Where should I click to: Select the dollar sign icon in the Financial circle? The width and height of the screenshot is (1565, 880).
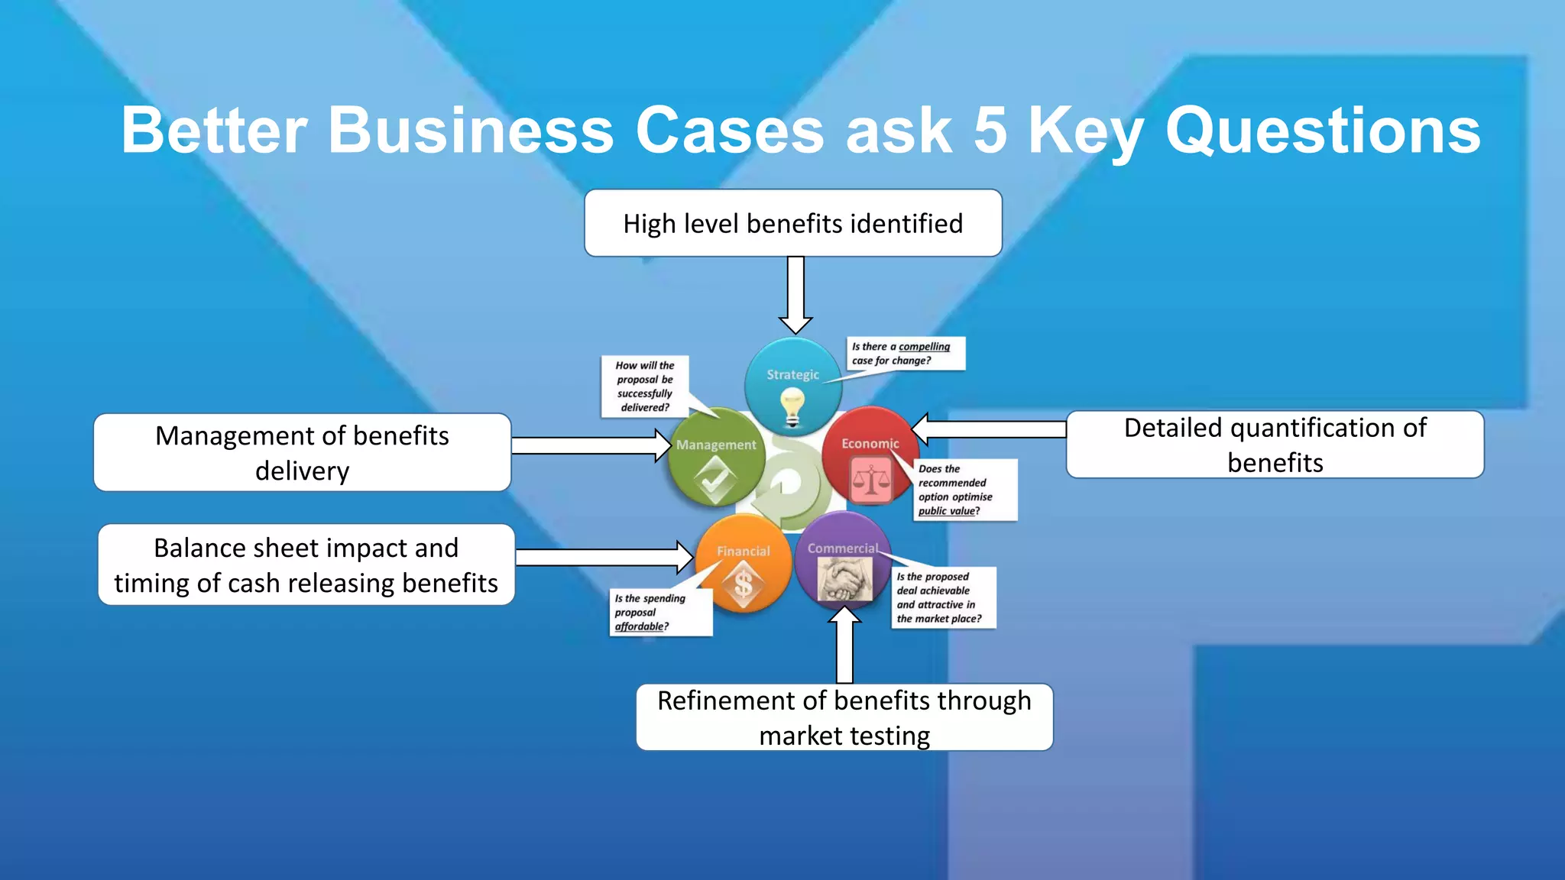(743, 585)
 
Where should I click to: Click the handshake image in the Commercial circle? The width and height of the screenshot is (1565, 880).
(844, 578)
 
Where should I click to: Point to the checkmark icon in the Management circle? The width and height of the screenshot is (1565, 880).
(715, 482)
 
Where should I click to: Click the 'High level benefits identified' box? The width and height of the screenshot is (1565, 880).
(792, 223)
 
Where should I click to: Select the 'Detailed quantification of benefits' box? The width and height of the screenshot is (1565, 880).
(1275, 445)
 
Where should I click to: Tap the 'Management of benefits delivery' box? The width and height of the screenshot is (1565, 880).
(302, 452)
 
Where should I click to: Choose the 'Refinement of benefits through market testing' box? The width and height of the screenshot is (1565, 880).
(844, 717)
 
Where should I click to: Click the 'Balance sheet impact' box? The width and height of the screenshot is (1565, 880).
(306, 565)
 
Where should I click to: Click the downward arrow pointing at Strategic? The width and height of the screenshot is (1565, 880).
(795, 294)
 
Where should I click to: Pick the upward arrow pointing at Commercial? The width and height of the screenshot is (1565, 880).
(844, 645)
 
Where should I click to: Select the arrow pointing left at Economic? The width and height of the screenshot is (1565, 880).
(990, 429)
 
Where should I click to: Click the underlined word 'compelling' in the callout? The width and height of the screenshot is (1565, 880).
(924, 347)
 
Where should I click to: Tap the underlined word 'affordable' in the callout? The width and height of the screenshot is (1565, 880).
(640, 626)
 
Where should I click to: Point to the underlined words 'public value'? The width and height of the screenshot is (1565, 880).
(947, 511)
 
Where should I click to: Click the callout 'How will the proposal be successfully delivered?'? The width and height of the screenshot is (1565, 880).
(645, 386)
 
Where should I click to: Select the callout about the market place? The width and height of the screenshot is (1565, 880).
(943, 597)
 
